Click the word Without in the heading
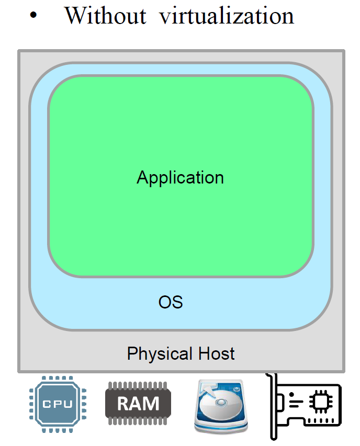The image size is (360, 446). click(x=105, y=16)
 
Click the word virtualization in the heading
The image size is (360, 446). click(x=227, y=16)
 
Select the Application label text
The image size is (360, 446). click(x=180, y=177)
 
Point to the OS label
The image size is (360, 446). click(x=171, y=302)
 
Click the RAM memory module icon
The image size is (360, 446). click(x=138, y=403)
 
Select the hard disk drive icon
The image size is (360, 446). click(x=219, y=405)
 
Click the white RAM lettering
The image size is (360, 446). click(x=138, y=404)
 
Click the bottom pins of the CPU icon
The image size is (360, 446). click(x=58, y=429)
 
